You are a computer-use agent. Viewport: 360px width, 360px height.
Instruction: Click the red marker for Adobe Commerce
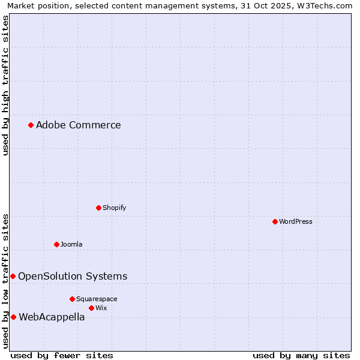(31, 125)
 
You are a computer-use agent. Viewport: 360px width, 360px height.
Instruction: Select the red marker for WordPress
(275, 221)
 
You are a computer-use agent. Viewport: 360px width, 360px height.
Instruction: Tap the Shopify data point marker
(98, 208)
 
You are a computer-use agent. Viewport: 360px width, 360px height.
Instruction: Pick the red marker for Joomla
(56, 244)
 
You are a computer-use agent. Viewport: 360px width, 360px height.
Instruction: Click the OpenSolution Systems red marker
(13, 276)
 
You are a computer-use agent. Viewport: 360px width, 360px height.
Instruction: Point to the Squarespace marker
(72, 299)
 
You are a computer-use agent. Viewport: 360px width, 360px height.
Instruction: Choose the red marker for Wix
(91, 308)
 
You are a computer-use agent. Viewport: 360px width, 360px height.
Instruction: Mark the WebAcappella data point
(13, 317)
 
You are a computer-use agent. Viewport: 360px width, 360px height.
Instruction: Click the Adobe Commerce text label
(78, 125)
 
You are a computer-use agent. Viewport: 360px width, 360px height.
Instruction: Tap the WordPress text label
(295, 221)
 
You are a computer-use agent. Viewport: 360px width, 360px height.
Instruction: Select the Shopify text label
(114, 208)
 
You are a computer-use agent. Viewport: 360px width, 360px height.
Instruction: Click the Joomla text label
(71, 244)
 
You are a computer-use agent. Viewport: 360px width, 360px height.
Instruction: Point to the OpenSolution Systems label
(73, 276)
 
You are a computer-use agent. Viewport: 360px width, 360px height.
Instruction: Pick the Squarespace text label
(97, 299)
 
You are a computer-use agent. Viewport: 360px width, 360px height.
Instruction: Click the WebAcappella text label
(52, 317)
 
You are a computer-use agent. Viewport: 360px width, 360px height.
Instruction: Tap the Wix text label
(101, 308)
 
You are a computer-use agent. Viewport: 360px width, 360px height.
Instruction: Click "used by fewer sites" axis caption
(62, 355)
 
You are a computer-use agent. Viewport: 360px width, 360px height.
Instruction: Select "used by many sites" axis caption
(301, 355)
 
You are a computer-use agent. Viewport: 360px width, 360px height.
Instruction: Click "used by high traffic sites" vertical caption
(5, 85)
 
